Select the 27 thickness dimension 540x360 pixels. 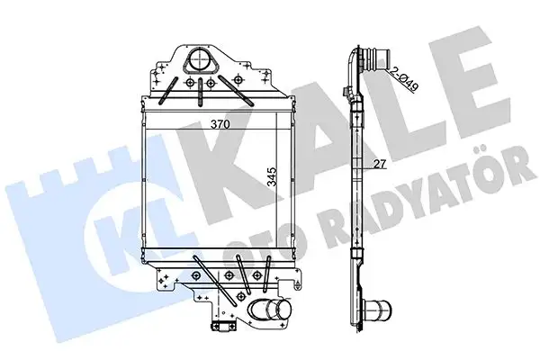(381, 164)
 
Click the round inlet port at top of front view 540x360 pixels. (197, 64)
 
